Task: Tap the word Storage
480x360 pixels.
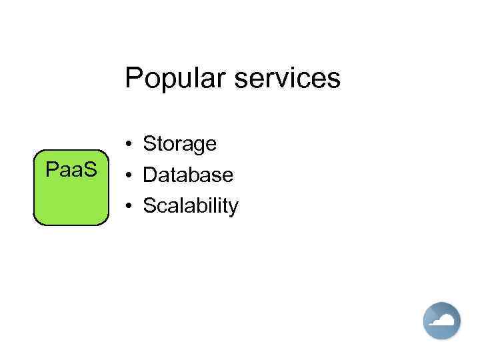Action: click(x=180, y=144)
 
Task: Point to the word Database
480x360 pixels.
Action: click(x=188, y=175)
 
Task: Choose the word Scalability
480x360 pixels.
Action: click(x=190, y=207)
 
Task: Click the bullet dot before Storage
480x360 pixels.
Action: click(x=128, y=145)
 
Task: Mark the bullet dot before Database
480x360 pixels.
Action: click(x=128, y=176)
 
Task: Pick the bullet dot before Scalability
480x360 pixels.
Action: click(x=128, y=207)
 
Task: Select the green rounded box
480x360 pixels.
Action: click(x=71, y=200)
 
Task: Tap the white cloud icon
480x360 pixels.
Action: click(x=441, y=321)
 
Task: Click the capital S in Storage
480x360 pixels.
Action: click(x=150, y=144)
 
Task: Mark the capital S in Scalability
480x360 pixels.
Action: click(x=150, y=207)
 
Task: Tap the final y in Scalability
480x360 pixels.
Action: click(x=233, y=209)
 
